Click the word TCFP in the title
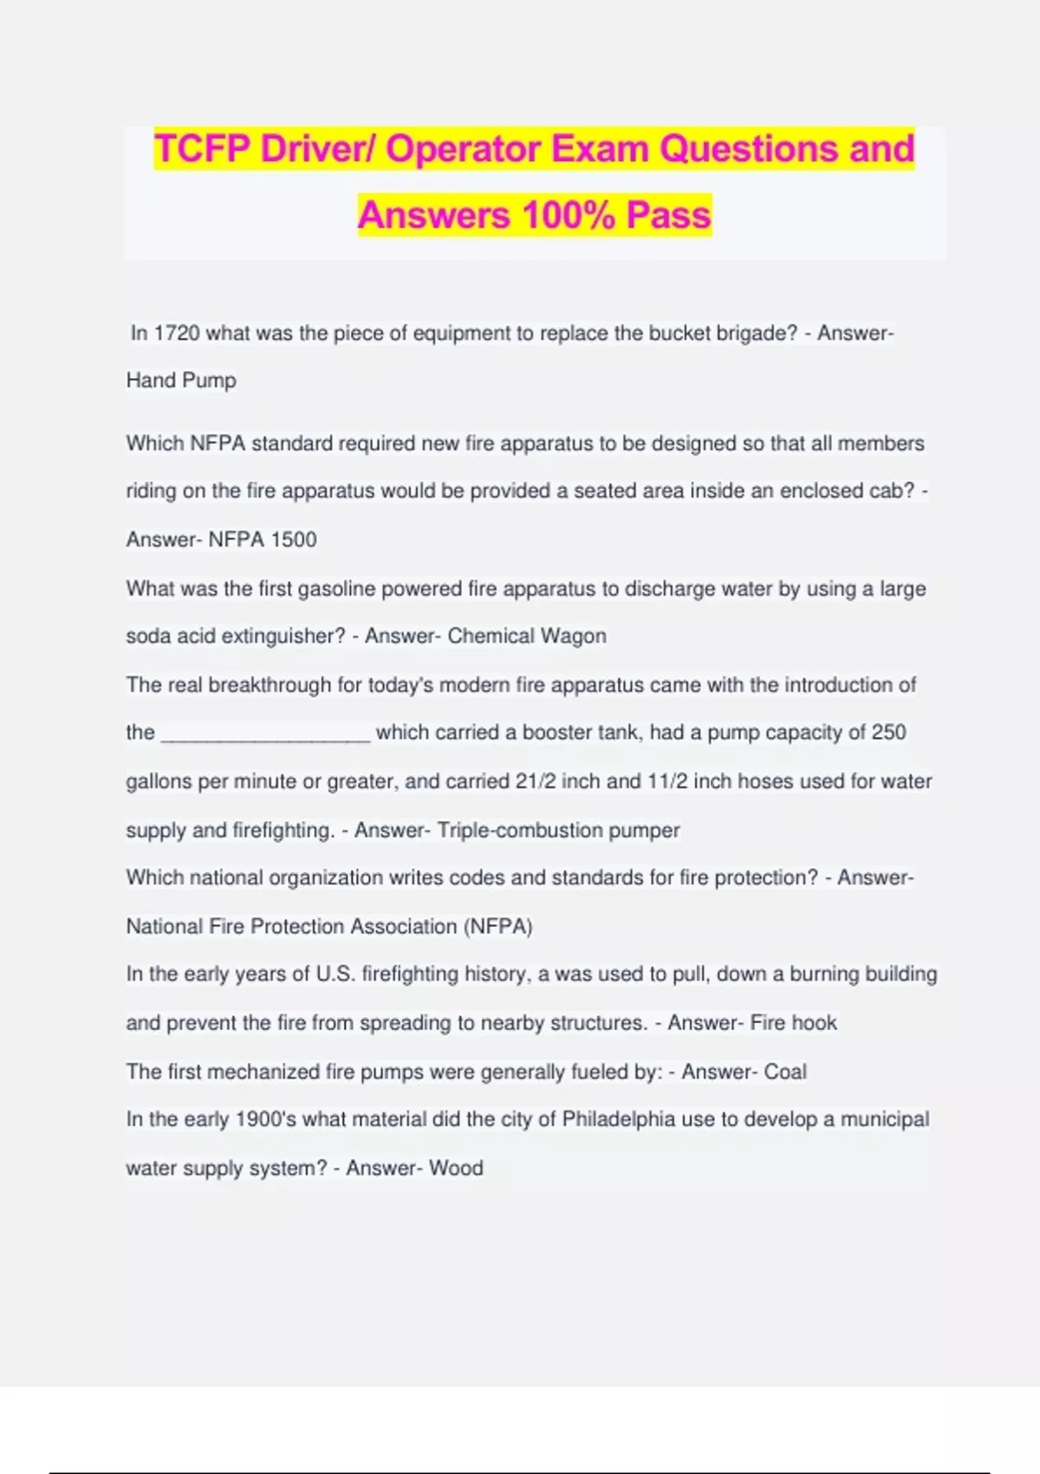202,148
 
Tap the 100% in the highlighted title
569,215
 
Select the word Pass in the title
668,215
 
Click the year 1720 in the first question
177,334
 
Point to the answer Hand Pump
181,381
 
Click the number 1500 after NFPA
294,539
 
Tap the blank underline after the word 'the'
266,734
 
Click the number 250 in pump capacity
888,733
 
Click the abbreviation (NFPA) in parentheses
498,927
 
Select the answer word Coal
785,1072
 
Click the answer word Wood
456,1168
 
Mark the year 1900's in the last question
266,1119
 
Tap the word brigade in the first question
746,334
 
